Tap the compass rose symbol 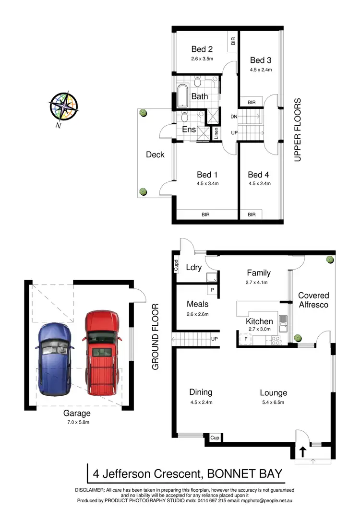tap(63, 107)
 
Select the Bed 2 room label tap(202, 49)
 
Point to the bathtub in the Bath tap(183, 96)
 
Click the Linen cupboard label tap(216, 132)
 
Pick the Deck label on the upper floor tap(155, 154)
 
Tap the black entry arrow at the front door tap(303, 451)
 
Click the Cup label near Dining tap(215, 438)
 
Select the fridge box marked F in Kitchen tap(246, 340)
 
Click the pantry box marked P tap(212, 290)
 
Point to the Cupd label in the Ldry tap(175, 266)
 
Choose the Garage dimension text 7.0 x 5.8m tap(77, 422)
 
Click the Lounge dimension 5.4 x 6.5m tap(273, 402)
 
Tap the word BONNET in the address tap(229, 473)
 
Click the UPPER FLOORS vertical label tap(298, 130)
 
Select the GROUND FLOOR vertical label tap(155, 337)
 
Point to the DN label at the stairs tap(234, 117)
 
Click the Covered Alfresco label tap(313, 300)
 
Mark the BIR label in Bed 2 tap(233, 42)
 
